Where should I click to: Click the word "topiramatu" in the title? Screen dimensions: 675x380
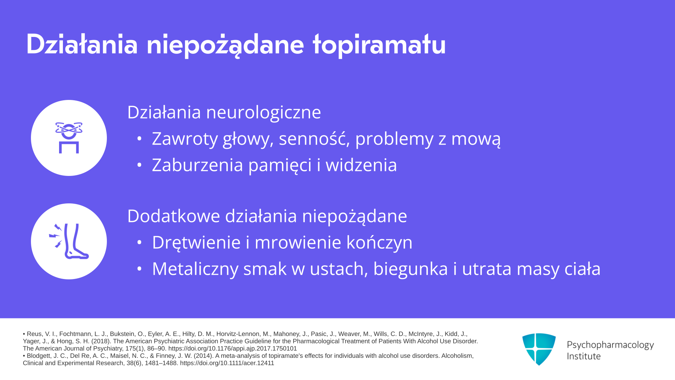pos(379,45)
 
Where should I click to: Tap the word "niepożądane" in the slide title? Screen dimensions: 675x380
pos(225,45)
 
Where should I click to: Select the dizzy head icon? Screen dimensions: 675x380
pos(69,138)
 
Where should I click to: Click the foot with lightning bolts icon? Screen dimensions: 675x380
pos(69,241)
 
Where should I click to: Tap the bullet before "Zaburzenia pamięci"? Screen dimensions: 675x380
pos(140,165)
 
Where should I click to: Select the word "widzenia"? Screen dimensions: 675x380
pos(361,165)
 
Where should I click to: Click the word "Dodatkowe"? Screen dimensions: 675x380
pos(173,216)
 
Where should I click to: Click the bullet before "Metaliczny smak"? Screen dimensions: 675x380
pos(140,269)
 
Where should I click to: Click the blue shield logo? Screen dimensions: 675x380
pos(539,349)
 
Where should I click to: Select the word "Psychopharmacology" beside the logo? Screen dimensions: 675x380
pos(610,345)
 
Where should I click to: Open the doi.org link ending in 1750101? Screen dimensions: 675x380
pos(232,349)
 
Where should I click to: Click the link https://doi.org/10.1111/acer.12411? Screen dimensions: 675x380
pos(227,363)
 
